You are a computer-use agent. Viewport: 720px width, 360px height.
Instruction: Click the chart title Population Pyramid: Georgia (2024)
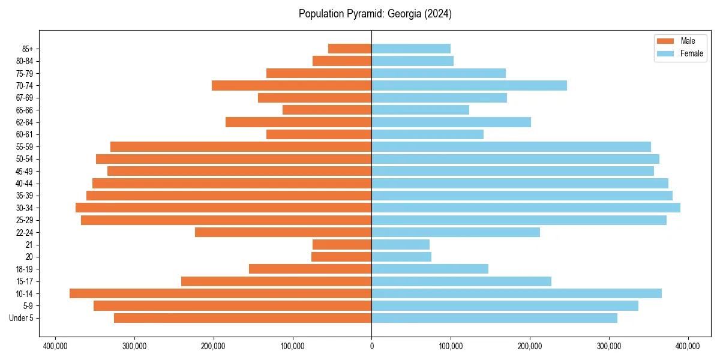(375, 14)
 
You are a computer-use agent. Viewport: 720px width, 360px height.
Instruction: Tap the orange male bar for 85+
(350, 49)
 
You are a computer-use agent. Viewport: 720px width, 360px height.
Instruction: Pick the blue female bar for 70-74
(469, 85)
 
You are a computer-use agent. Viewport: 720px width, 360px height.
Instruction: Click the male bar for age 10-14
(220, 293)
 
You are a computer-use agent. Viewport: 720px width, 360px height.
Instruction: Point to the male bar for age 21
(342, 244)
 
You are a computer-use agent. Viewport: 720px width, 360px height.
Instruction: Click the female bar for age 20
(401, 257)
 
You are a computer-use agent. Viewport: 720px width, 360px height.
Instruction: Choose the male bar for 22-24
(283, 232)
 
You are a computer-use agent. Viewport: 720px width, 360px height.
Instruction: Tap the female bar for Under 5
(494, 318)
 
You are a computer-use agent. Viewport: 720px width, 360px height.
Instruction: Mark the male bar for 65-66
(327, 110)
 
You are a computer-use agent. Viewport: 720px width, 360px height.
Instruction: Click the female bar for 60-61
(427, 134)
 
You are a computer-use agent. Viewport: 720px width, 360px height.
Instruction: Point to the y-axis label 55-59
(25, 147)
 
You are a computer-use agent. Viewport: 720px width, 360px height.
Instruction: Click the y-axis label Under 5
(22, 318)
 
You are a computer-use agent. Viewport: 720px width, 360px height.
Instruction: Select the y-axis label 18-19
(25, 269)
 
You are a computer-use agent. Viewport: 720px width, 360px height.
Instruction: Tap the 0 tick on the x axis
(371, 346)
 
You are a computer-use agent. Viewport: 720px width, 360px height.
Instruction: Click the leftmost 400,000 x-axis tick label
(55, 346)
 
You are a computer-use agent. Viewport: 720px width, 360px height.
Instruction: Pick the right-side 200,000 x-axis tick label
(530, 346)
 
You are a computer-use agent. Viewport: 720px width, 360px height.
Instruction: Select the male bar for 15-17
(276, 281)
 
